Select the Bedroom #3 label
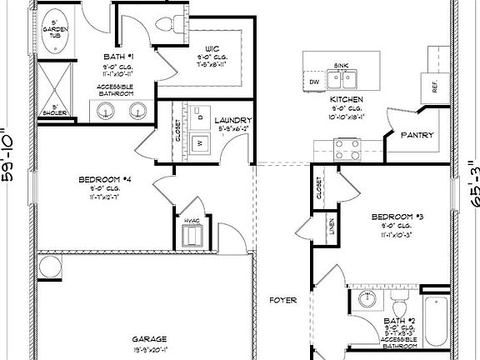pyautogui.click(x=397, y=217)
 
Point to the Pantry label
pyautogui.click(x=416, y=135)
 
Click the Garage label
pyautogui.click(x=149, y=339)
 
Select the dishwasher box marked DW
pyautogui.click(x=314, y=82)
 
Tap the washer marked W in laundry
pyautogui.click(x=200, y=142)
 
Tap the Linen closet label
pyautogui.click(x=332, y=226)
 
